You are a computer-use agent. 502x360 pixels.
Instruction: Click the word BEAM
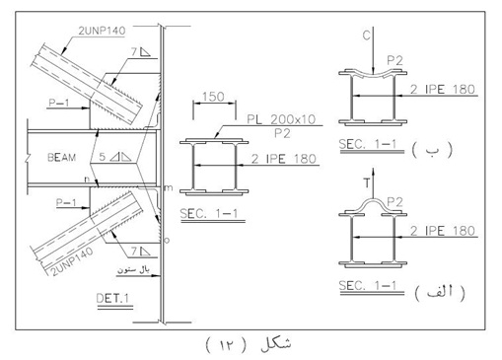point(62,157)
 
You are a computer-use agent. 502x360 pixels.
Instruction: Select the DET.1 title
point(112,299)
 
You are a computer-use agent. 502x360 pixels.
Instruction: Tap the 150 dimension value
point(214,97)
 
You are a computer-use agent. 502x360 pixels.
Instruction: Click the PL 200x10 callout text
point(281,119)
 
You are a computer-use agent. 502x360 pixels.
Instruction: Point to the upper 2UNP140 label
point(102,31)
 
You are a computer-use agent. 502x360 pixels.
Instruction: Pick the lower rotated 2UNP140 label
point(73,261)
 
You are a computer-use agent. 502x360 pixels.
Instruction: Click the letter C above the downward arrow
point(367,36)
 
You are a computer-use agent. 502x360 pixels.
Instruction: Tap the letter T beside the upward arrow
point(367,182)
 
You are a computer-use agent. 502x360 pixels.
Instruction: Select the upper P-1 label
point(59,103)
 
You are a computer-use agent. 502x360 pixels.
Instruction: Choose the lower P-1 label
point(66,202)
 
